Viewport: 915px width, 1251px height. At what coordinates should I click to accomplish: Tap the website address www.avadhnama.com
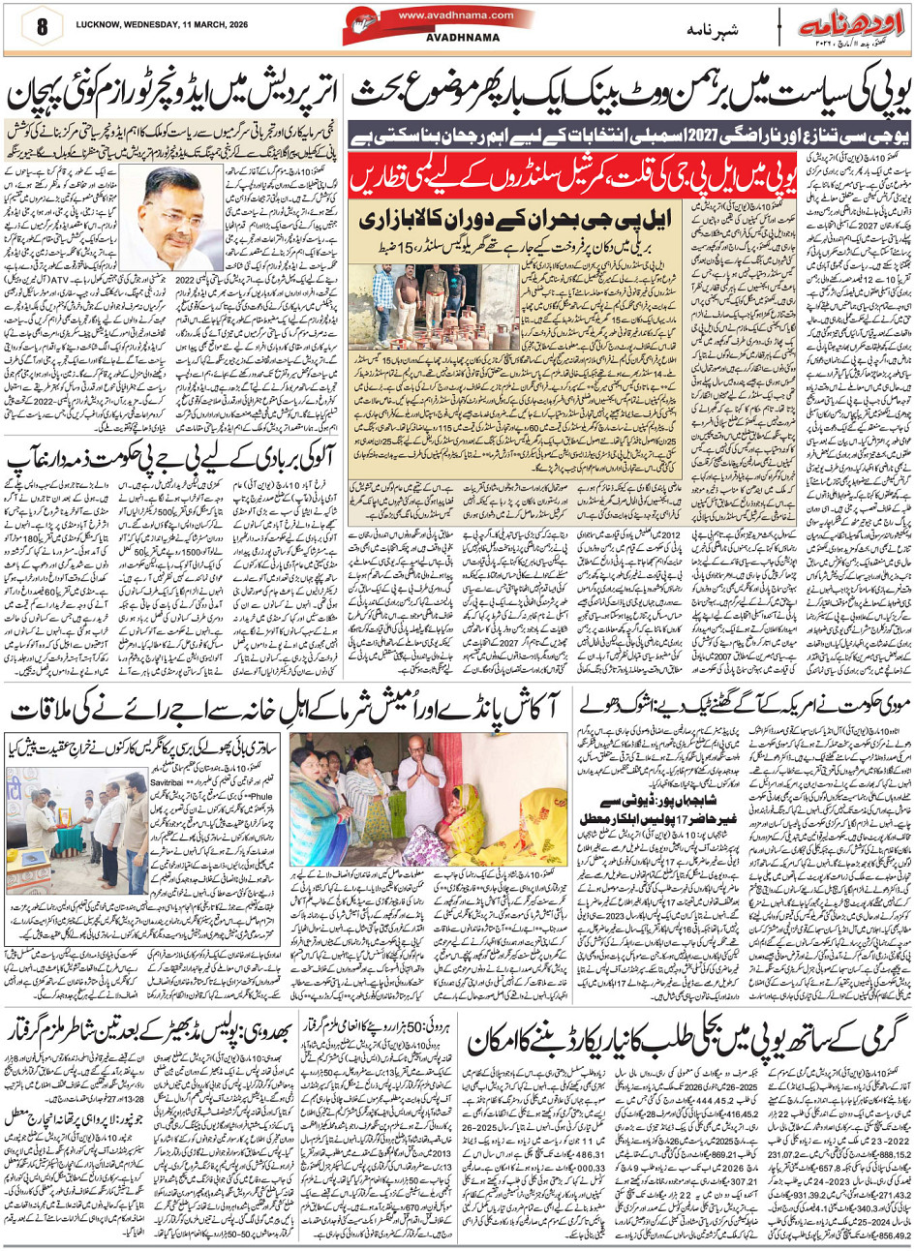[442, 15]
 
